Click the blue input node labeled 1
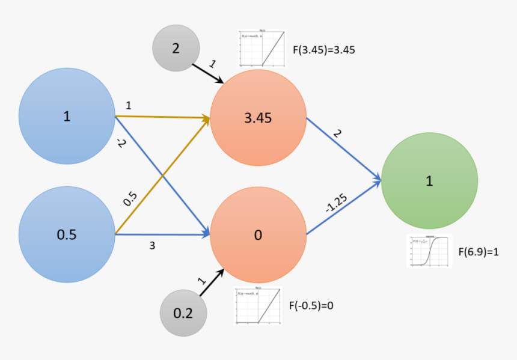coord(67,117)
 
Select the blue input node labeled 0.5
coord(67,235)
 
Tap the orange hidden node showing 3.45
coord(258,118)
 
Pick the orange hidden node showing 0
coord(258,236)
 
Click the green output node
coord(429,181)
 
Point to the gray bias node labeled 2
coord(176,48)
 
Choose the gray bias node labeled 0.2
coord(183,313)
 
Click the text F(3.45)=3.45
coord(324,50)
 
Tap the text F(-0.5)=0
coord(311,305)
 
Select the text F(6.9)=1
coord(479,252)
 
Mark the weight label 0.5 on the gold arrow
coord(130,199)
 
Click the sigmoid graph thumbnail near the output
coord(429,251)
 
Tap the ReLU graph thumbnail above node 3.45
coord(262,48)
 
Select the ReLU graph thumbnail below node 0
coord(258,306)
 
